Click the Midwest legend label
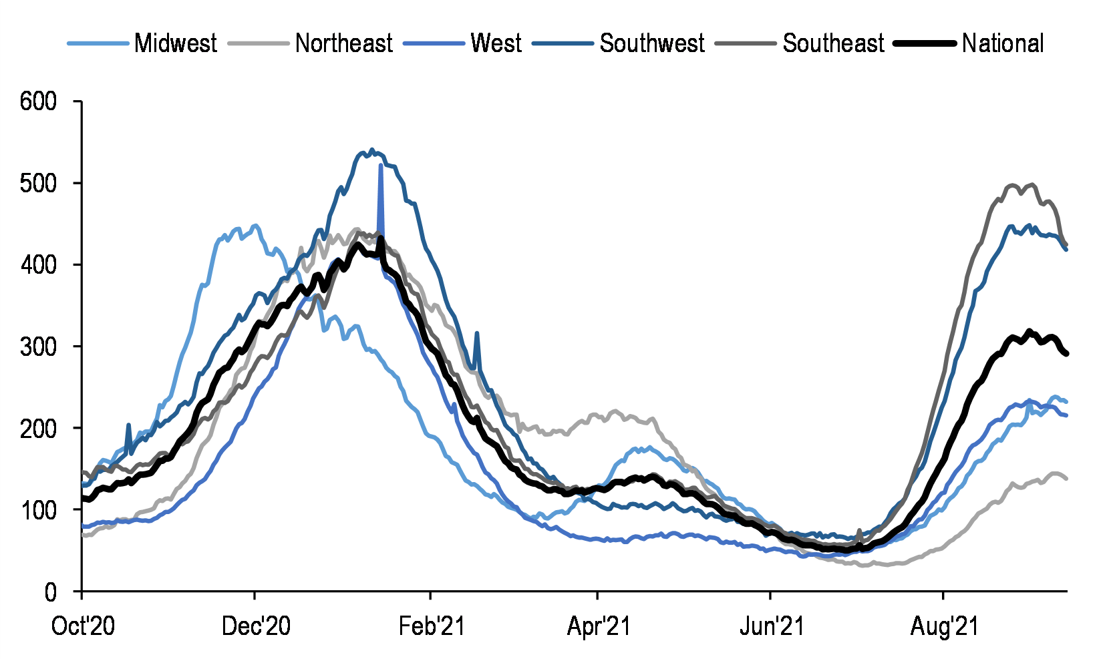click(175, 43)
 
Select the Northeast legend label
click(344, 43)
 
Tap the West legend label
click(496, 43)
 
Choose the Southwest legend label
click(652, 43)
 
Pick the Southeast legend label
click(834, 43)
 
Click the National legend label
click(1003, 43)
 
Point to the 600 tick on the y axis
click(38, 101)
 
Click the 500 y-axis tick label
click(38, 183)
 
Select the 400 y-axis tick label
click(38, 265)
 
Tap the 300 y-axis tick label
click(38, 347)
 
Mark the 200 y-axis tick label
click(38, 428)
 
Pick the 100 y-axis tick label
click(38, 510)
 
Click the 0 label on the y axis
click(51, 592)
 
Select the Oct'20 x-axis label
click(83, 627)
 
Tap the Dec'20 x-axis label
click(257, 627)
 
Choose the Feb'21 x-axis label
click(432, 627)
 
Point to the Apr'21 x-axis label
click(599, 627)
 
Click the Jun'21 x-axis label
click(772, 627)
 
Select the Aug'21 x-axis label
click(945, 627)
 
